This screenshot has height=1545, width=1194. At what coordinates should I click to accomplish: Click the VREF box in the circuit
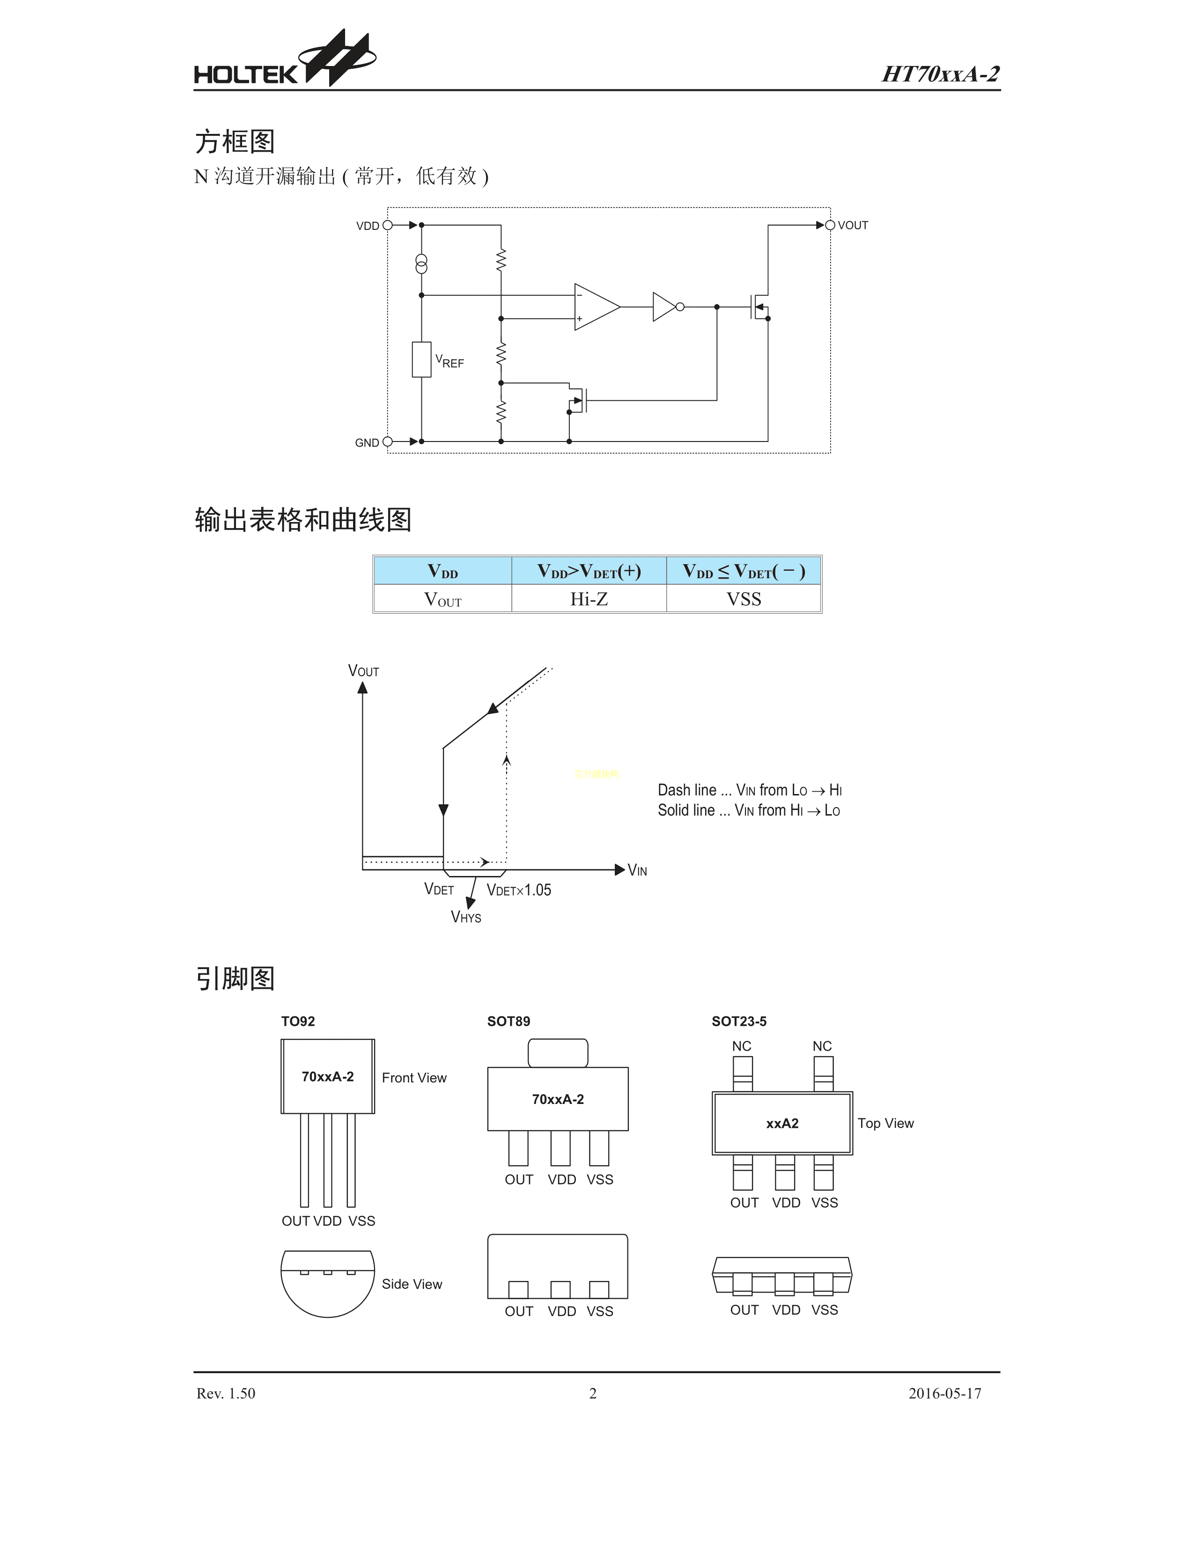(x=421, y=360)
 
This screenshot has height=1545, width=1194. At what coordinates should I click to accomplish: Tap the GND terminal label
(x=367, y=443)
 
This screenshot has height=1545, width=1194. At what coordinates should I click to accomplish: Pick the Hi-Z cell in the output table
(x=589, y=599)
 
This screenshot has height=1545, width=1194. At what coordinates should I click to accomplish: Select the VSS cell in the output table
(x=744, y=599)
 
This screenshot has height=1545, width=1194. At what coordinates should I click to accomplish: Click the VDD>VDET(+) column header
(x=589, y=571)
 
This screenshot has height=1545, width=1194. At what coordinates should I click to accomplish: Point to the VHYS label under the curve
(x=466, y=918)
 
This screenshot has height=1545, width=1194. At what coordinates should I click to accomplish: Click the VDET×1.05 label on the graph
(x=518, y=890)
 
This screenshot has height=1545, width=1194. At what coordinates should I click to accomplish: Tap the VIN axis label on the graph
(x=637, y=871)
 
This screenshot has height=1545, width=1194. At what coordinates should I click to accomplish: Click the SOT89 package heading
(x=508, y=1022)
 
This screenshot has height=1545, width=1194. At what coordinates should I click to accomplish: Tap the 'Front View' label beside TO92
(x=414, y=1078)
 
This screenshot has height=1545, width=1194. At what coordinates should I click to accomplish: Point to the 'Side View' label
(x=412, y=1284)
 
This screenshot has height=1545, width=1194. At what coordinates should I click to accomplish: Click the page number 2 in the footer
(x=593, y=1394)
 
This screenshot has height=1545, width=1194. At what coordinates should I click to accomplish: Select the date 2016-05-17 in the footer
(x=944, y=1394)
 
